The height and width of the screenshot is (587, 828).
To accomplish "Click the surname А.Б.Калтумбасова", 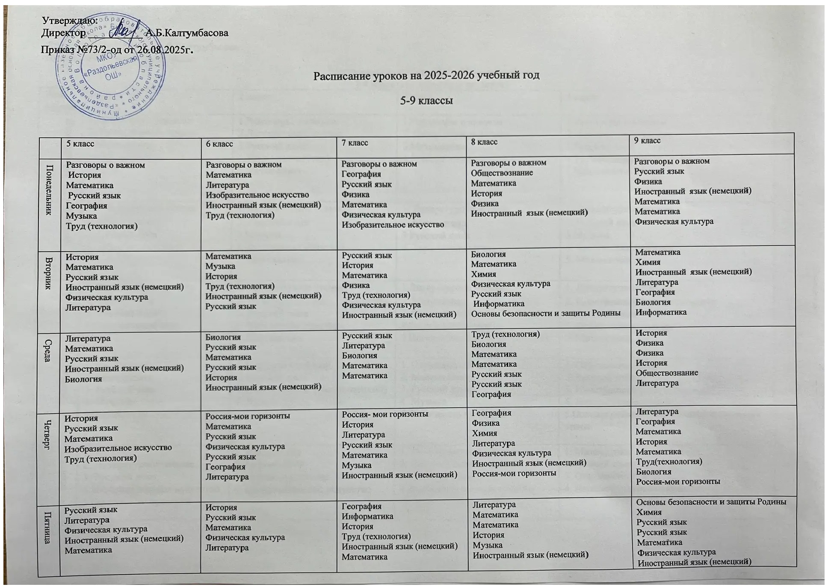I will (186, 33).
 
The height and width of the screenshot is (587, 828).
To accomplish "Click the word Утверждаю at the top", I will (70, 20).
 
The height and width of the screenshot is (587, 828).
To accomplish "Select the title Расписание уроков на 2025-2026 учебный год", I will (426, 76).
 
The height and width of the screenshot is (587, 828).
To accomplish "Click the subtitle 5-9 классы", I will (426, 101).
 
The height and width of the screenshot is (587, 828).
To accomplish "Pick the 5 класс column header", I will (80, 144).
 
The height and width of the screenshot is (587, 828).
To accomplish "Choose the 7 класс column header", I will (355, 142).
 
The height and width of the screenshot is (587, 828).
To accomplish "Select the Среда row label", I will (48, 350).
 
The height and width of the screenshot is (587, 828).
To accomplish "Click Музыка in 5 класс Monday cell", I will (81, 216).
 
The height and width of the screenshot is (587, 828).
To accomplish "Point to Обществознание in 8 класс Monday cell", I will (502, 173).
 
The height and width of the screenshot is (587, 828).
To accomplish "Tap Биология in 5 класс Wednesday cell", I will (83, 379).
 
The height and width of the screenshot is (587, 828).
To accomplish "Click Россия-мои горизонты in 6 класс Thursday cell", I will (248, 416).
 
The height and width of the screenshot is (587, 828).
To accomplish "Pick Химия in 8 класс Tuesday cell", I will (483, 274).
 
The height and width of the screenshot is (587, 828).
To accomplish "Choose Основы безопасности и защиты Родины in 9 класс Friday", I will (711, 502).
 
